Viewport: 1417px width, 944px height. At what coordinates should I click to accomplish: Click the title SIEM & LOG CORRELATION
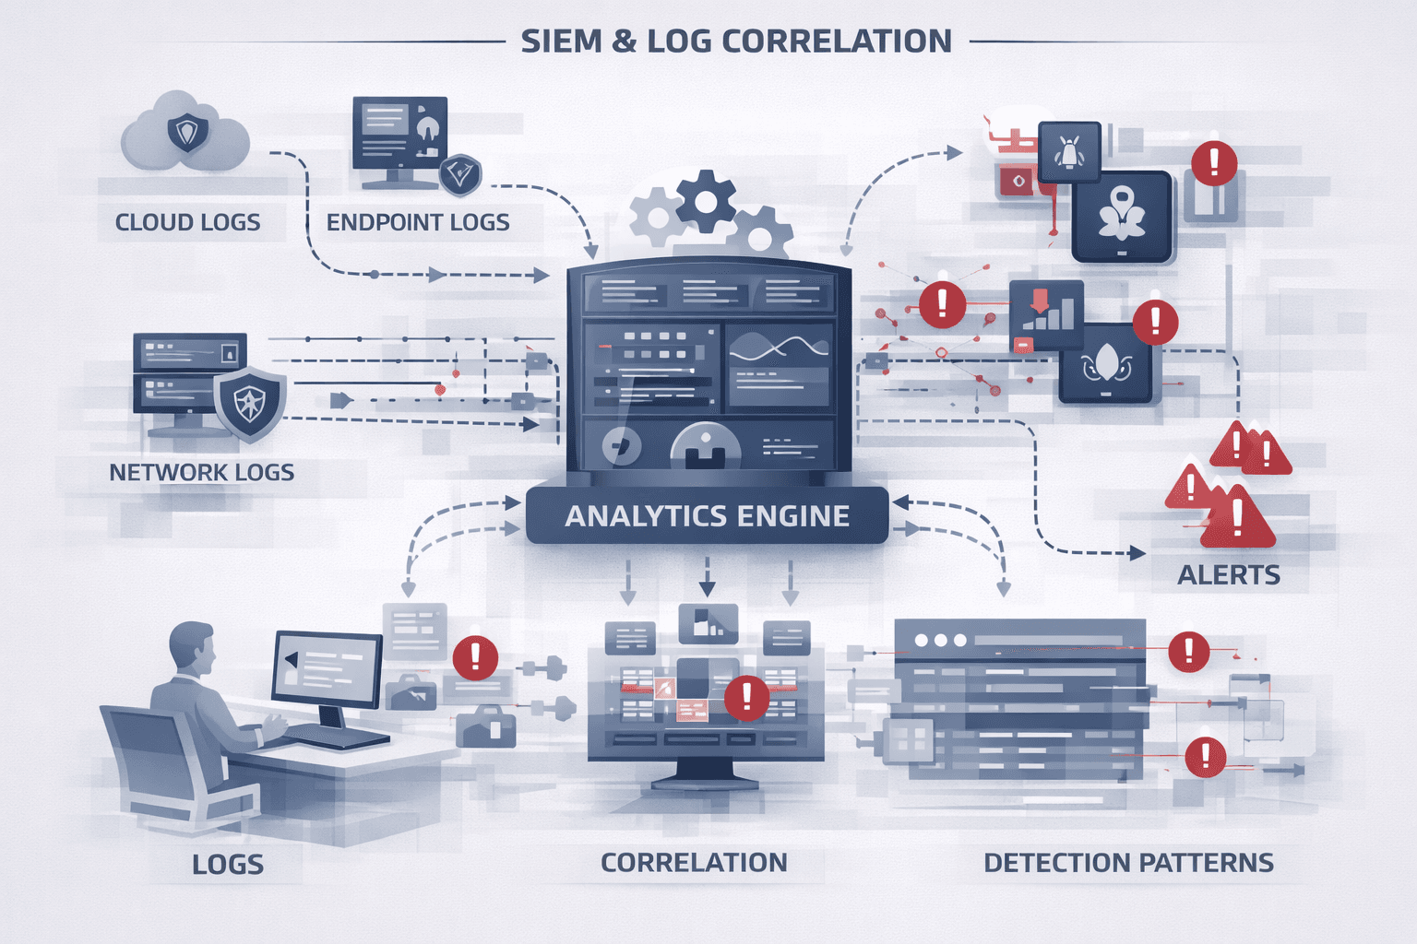[x=735, y=41]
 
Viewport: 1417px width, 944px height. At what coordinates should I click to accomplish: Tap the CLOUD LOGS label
[x=187, y=222]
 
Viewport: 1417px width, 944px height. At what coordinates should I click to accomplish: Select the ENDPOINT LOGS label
[x=418, y=222]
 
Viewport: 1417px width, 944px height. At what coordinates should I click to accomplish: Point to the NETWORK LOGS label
[x=202, y=473]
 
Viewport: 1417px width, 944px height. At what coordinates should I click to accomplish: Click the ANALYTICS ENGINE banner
[x=707, y=516]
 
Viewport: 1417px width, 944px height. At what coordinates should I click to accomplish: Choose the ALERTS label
[x=1229, y=575]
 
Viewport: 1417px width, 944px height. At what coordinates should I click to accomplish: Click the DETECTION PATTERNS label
[x=1128, y=863]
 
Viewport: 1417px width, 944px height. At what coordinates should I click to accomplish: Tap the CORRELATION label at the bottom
[x=694, y=863]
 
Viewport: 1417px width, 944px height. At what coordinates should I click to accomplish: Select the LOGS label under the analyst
[x=228, y=865]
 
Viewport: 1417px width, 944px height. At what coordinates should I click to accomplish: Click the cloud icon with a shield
[x=186, y=133]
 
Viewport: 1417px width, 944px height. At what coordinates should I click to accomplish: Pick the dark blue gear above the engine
[x=706, y=200]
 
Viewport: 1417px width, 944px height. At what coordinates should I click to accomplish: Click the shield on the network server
[x=250, y=403]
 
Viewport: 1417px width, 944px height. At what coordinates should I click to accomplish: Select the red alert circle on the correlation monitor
[x=746, y=698]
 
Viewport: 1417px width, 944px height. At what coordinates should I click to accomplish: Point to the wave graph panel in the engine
[x=779, y=364]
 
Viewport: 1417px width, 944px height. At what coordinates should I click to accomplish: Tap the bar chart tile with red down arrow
[x=1046, y=314]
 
